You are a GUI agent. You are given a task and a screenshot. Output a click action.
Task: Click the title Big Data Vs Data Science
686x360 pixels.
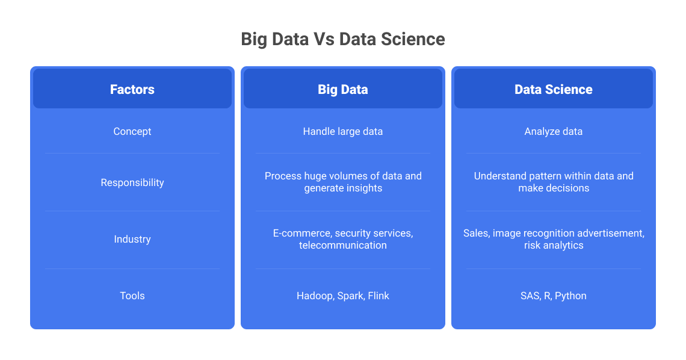[x=343, y=39]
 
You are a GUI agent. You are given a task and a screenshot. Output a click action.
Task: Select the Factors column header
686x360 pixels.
[x=132, y=89]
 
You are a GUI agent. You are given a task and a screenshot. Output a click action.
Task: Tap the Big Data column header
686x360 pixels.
[x=343, y=89]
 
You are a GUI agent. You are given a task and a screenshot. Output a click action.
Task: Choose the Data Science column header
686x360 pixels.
[x=554, y=89]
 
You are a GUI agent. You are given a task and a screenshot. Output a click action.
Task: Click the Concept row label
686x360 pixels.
[x=132, y=131]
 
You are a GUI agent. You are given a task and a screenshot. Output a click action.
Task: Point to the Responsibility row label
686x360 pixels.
[x=132, y=182]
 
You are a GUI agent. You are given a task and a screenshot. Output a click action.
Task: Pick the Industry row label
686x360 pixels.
[x=132, y=239]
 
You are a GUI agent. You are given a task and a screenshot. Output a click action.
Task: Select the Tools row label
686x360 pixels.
[x=132, y=296]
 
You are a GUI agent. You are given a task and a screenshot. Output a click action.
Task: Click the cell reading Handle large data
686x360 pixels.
[x=343, y=131]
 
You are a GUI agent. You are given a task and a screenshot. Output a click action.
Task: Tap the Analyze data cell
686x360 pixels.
[x=554, y=131]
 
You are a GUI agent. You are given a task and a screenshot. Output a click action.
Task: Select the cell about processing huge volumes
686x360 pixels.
[x=343, y=182]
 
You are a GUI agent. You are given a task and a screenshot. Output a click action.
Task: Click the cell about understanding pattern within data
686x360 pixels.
[x=554, y=182]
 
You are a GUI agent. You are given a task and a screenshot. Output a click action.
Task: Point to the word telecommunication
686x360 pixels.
[x=343, y=245]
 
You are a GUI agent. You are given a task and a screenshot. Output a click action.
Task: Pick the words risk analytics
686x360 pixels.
[x=554, y=245]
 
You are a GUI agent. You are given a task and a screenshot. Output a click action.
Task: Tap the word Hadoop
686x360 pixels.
[x=315, y=296]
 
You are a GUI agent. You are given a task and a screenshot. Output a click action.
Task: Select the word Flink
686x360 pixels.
[x=378, y=296]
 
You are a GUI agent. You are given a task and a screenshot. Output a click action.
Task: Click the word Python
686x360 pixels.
[x=570, y=296]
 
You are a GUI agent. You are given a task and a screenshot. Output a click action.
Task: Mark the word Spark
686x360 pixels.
[x=350, y=296]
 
